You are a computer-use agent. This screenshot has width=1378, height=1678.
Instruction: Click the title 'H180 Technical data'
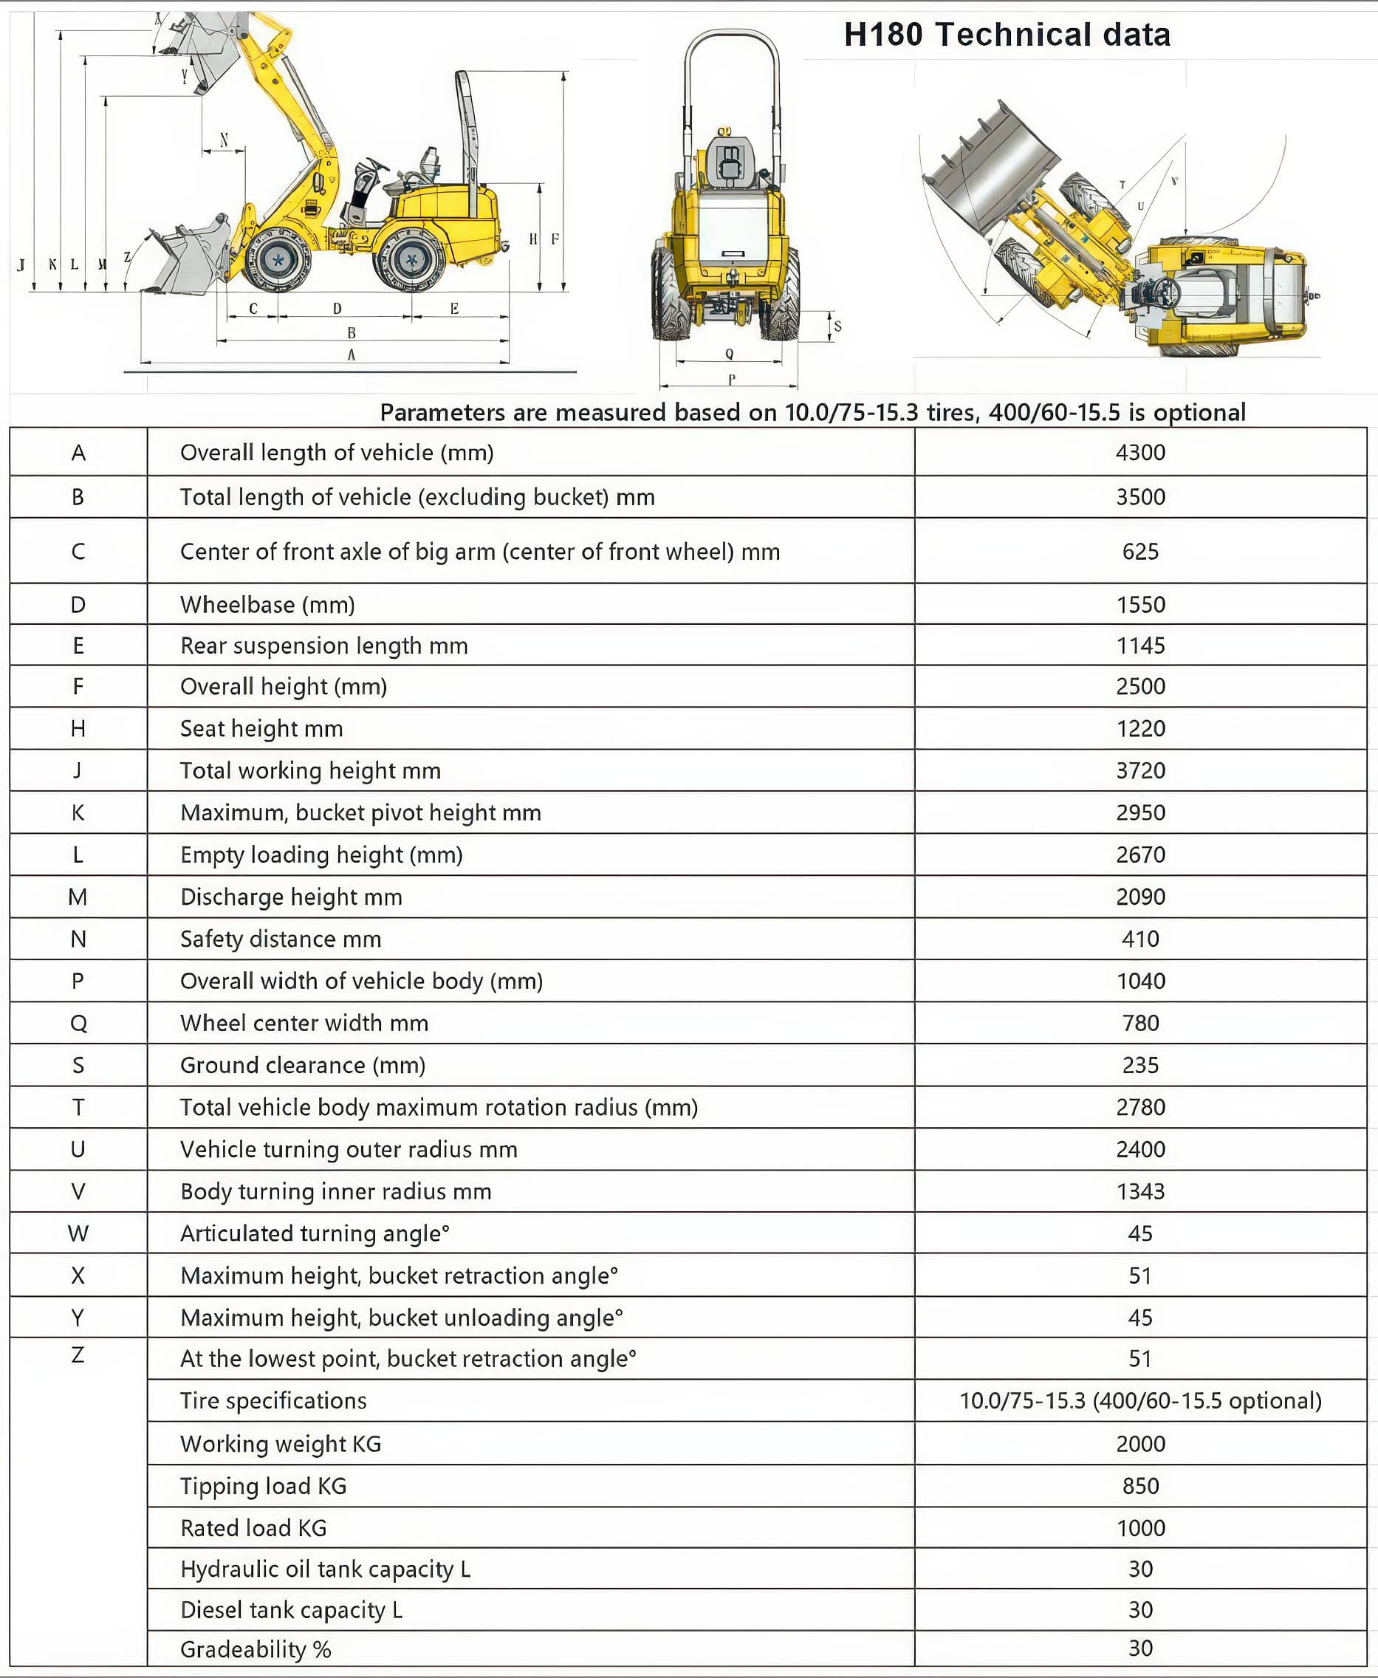click(x=1007, y=35)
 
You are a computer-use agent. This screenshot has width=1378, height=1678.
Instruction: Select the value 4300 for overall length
click(x=1140, y=453)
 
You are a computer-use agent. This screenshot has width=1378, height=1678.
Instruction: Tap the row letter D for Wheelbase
click(x=78, y=605)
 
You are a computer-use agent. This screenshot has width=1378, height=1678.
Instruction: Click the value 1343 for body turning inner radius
click(x=1140, y=1191)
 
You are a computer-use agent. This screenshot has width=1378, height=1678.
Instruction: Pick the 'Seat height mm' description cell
click(x=261, y=729)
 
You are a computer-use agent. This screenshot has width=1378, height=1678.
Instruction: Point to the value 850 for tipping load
click(x=1140, y=1486)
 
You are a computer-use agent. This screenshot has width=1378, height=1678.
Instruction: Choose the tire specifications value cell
click(x=1140, y=1401)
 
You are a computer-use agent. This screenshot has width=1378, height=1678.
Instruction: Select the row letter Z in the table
click(x=78, y=1355)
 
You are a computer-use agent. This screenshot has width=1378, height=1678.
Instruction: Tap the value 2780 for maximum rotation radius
click(x=1140, y=1107)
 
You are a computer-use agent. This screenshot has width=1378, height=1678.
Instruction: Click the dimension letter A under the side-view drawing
click(x=351, y=355)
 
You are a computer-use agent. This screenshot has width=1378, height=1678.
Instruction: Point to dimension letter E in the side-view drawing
click(x=454, y=309)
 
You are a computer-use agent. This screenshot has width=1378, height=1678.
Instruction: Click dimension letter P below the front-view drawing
click(x=731, y=380)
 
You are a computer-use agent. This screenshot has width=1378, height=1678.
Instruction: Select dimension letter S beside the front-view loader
click(x=837, y=326)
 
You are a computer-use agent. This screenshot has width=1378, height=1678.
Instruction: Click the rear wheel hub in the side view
click(x=411, y=259)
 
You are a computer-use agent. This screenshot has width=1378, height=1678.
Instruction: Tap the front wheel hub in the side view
click(x=278, y=258)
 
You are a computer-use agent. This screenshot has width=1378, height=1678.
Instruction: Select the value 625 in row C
click(x=1140, y=552)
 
